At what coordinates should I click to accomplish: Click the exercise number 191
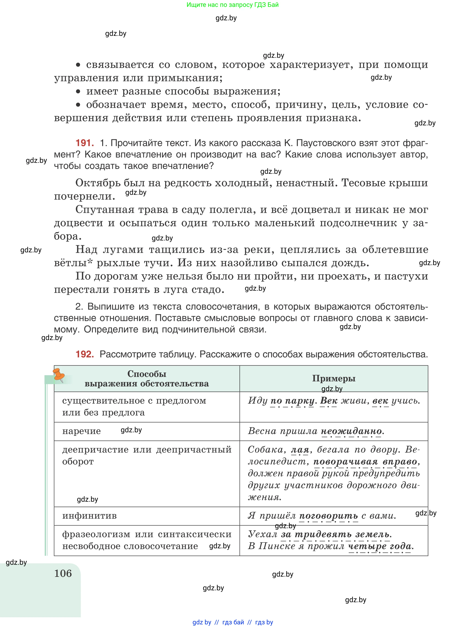[x=85, y=143]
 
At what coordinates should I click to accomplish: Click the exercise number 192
[x=85, y=354]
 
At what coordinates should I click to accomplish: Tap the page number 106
[x=63, y=573]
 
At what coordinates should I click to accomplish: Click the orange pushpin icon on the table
[x=59, y=375]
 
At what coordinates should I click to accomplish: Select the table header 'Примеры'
[x=334, y=378]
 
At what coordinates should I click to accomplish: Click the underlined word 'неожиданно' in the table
[x=351, y=431]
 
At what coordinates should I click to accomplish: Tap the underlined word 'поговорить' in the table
[x=328, y=516]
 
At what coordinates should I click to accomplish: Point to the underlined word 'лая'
[x=300, y=450]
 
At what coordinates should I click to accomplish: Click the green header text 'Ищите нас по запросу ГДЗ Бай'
[x=232, y=5]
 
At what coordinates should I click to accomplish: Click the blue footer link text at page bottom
[x=233, y=622]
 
